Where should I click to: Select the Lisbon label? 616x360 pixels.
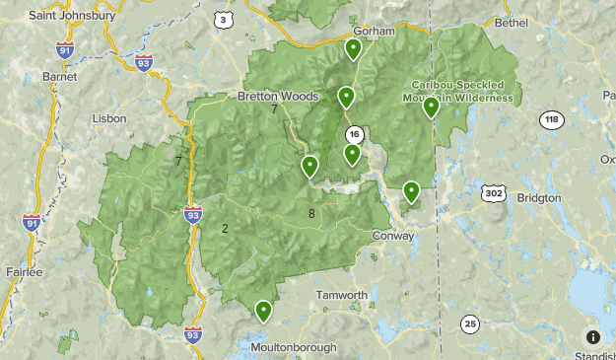[108, 118]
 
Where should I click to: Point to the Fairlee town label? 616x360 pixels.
[24, 271]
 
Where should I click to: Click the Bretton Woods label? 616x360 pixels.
[278, 97]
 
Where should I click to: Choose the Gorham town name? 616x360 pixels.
[374, 32]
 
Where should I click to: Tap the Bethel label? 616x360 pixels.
[512, 22]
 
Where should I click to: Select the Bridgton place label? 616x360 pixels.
[537, 197]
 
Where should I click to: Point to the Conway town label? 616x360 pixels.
[395, 236]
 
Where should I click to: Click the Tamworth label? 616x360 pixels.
[341, 295]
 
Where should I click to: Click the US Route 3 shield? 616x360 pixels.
[225, 20]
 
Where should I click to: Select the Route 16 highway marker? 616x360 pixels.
[354, 134]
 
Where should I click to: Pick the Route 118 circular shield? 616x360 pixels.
[551, 120]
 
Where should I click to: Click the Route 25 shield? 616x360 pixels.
[470, 324]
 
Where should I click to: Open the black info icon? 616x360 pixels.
[592, 337]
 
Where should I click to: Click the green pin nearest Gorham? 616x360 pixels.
[353, 49]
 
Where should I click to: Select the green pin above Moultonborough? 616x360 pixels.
[263, 312]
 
